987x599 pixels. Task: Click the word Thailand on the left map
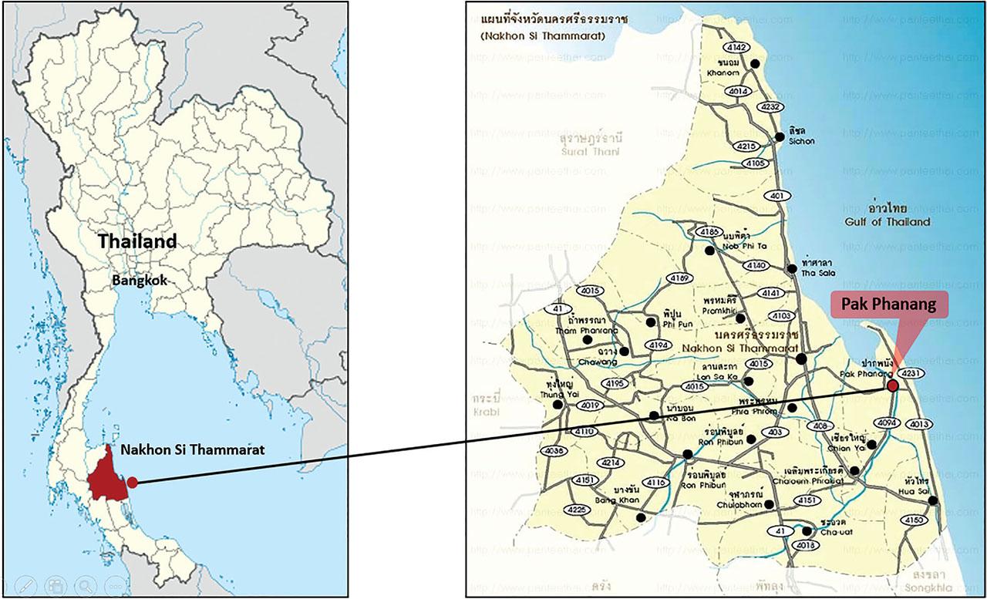coord(137,241)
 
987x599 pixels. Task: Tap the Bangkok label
coord(139,281)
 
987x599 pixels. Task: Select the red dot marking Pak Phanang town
coord(892,385)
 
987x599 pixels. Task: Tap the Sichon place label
coord(801,141)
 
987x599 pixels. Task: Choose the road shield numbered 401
coord(776,196)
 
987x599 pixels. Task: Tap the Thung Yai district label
coord(560,394)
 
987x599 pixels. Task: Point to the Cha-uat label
coord(835,530)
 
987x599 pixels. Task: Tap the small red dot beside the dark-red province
coord(132,482)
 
